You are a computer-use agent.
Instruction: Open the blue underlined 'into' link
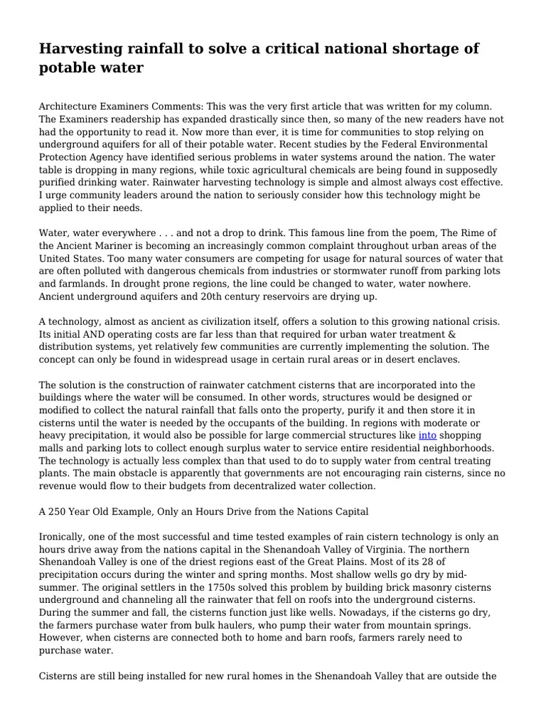(427, 435)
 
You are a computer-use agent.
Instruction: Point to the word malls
(53, 448)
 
